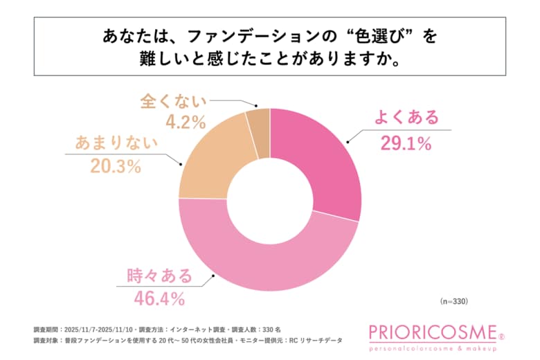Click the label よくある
[406, 118]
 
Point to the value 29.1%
[406, 143]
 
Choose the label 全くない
[174, 101]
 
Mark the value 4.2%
[174, 125]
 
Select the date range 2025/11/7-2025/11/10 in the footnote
[99, 330]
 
